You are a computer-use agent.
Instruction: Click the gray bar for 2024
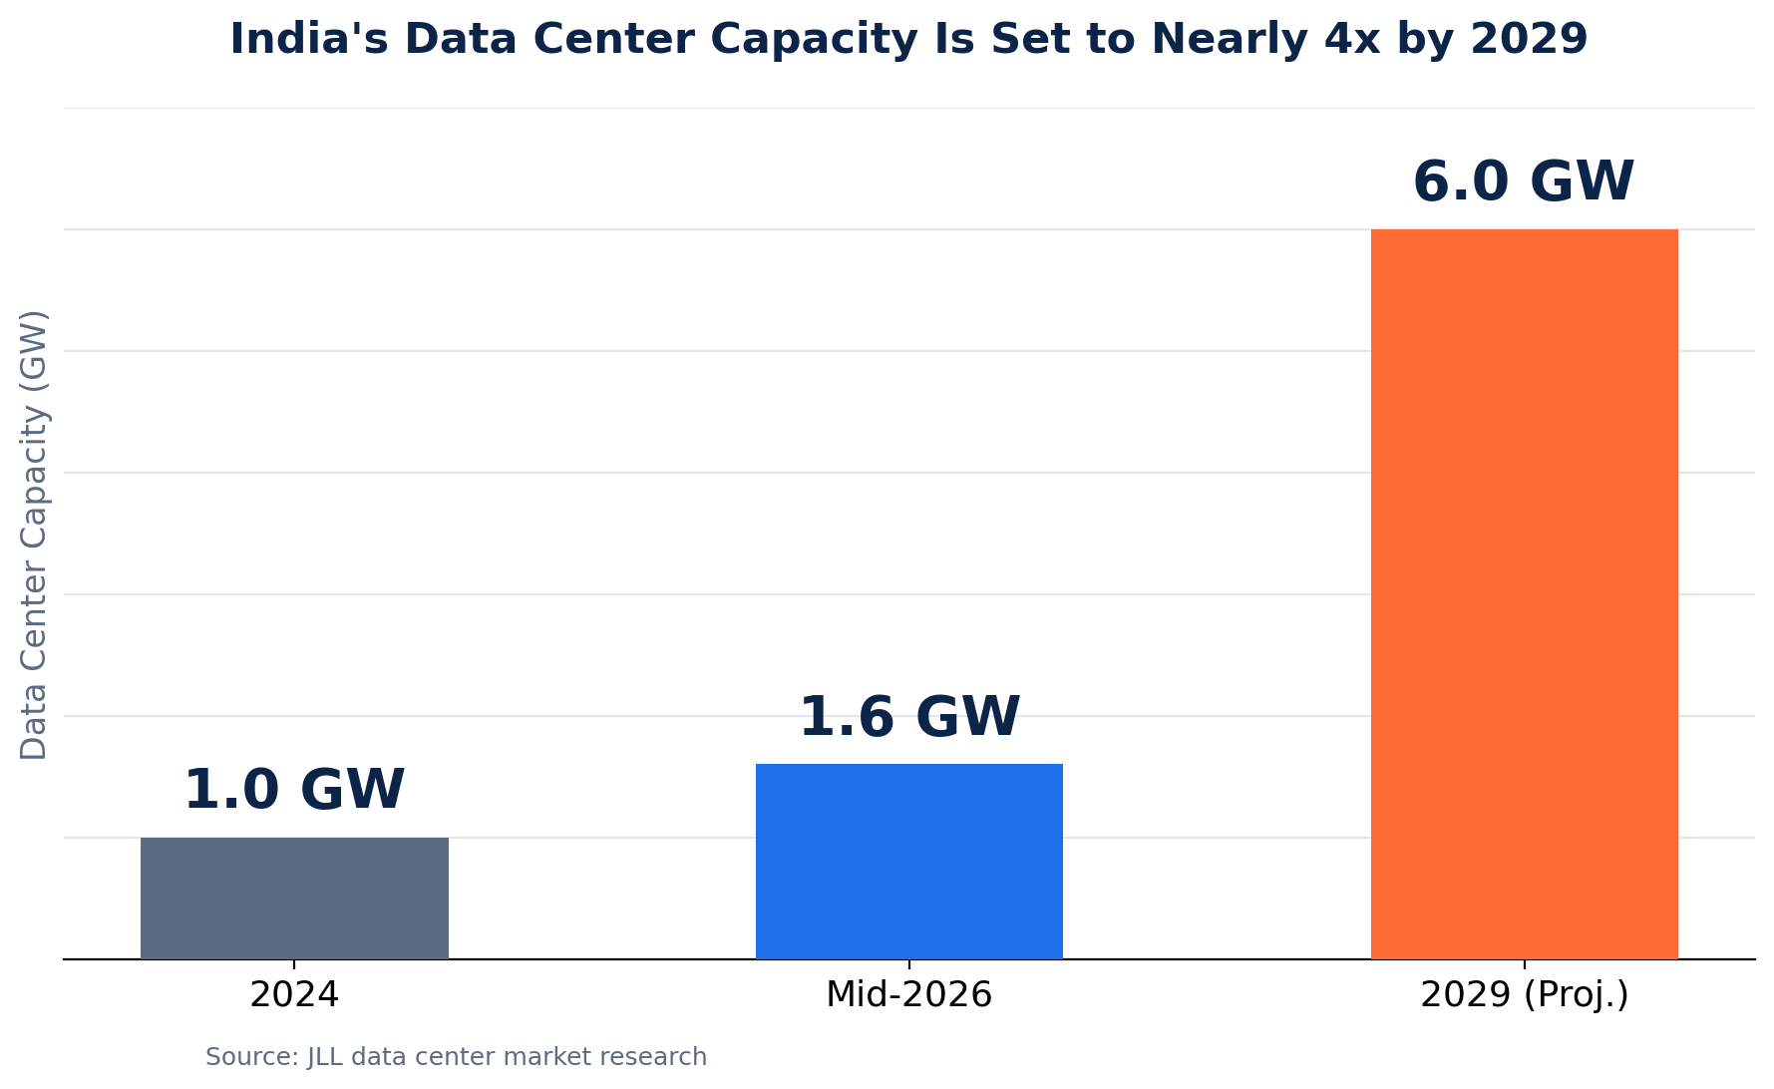click(x=294, y=898)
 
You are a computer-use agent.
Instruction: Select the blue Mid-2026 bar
click(x=909, y=862)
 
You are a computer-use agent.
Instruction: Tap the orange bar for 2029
click(x=1525, y=594)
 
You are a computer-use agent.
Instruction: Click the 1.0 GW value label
click(x=294, y=790)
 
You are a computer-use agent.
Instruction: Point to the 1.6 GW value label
click(x=909, y=717)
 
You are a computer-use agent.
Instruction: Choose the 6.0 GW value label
click(x=1525, y=182)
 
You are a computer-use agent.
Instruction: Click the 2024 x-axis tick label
click(x=294, y=995)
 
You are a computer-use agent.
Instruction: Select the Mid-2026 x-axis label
click(x=909, y=995)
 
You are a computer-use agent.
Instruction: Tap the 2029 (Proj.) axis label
click(x=1525, y=996)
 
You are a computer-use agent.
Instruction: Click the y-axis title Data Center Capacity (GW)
click(x=34, y=535)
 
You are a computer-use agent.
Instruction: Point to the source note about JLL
click(x=456, y=1057)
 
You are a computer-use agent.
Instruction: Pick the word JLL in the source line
click(x=324, y=1057)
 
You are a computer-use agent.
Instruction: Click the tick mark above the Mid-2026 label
click(x=909, y=964)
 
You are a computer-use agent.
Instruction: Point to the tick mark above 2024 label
click(x=294, y=964)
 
